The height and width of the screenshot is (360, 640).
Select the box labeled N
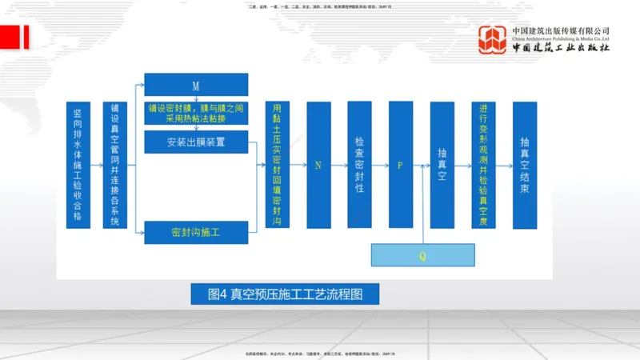click(x=318, y=165)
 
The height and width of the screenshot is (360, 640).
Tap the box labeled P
click(x=400, y=165)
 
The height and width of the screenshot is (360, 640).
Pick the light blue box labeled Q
click(x=422, y=255)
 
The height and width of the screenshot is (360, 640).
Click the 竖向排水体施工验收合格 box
click(x=78, y=165)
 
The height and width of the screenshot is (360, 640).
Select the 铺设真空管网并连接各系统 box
click(x=115, y=165)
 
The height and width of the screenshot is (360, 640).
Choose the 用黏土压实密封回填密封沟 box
click(x=278, y=165)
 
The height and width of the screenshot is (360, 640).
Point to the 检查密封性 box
click(x=359, y=165)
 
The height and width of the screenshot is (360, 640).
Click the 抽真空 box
click(x=442, y=165)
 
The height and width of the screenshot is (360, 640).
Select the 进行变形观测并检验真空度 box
click(x=483, y=165)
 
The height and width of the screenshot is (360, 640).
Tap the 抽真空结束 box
click(x=524, y=165)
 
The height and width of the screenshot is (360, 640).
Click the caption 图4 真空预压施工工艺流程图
click(x=285, y=294)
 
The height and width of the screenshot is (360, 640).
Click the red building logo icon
click(x=493, y=41)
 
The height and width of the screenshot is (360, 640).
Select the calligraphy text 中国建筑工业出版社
click(x=561, y=49)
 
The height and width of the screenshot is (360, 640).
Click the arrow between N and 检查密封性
click(x=339, y=164)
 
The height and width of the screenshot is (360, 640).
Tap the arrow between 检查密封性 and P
click(x=380, y=164)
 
